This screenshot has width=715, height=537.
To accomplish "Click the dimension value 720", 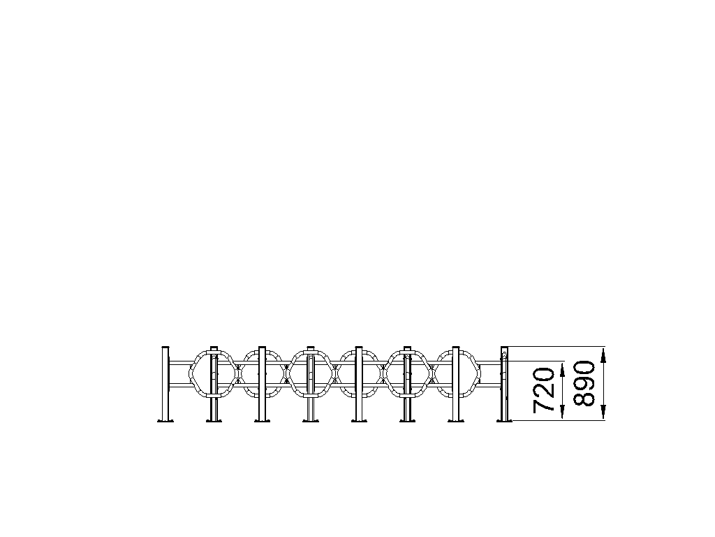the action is click(543, 390).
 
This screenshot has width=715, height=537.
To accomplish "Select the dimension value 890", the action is click(584, 384).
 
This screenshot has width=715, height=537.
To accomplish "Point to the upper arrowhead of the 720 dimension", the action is click(562, 369).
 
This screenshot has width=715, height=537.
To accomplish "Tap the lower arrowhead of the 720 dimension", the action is click(562, 413).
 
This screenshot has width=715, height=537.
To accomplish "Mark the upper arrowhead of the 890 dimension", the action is click(603, 355).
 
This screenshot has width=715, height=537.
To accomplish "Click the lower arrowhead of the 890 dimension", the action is click(603, 413).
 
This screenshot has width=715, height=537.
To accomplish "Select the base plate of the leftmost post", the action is click(165, 420).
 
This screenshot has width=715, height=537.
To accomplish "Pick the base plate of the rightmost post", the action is click(504, 420).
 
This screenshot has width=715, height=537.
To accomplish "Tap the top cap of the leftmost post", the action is click(165, 348).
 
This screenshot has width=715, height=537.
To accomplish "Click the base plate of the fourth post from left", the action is click(311, 420).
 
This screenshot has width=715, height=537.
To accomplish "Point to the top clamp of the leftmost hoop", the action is click(214, 352).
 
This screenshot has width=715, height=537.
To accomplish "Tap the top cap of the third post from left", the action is click(263, 348).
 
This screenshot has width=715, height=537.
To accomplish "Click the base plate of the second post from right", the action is click(455, 420).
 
